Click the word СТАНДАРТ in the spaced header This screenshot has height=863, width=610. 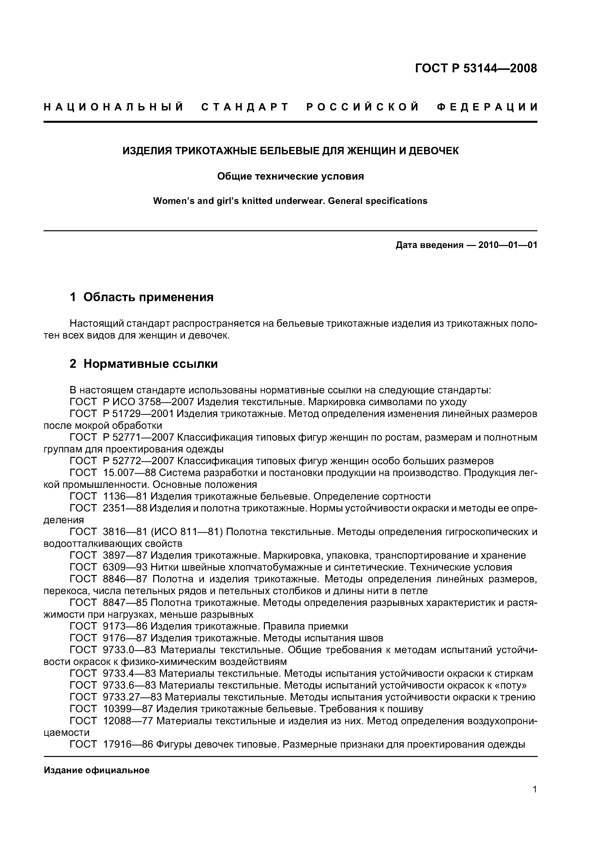coord(245,107)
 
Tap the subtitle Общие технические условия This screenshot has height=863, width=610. coord(290,176)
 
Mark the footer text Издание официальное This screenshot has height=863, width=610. coord(97,771)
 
